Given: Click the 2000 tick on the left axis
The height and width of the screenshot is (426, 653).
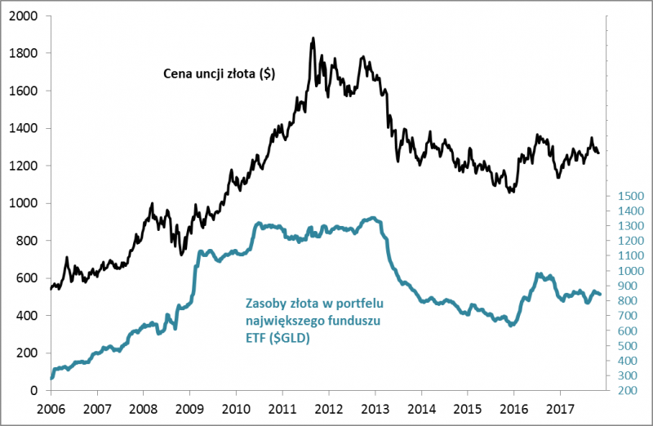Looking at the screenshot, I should point(24,16).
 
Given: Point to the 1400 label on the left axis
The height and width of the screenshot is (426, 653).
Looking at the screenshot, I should point(24,128).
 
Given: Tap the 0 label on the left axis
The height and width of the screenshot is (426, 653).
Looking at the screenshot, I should point(37,391).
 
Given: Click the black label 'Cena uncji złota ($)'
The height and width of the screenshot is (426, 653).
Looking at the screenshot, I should point(216,74).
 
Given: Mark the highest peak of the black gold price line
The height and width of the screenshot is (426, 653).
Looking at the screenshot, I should point(313,38).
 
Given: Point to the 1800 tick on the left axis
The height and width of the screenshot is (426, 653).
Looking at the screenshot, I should point(24,54).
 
